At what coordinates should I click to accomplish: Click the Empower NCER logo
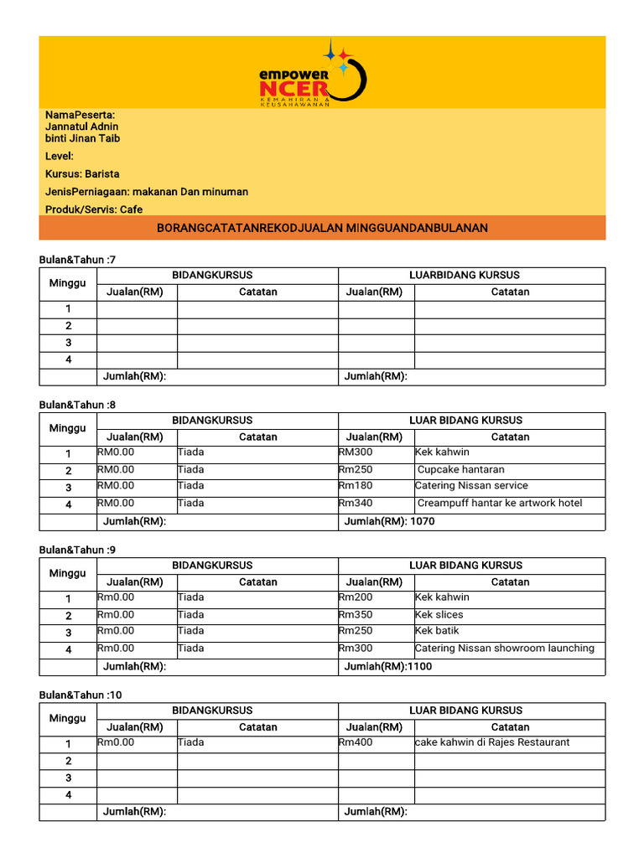point(312,73)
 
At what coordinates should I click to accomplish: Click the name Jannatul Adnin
point(81,127)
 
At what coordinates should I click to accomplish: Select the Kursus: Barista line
point(82,174)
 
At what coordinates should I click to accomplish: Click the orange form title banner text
point(322,228)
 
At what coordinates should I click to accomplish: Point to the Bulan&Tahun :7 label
point(77,260)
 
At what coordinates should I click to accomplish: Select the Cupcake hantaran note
point(460,469)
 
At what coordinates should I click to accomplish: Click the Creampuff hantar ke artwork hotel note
point(499,504)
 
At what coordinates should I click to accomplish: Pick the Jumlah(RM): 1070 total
point(390,521)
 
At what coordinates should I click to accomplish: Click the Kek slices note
point(439,614)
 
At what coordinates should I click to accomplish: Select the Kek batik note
point(437,631)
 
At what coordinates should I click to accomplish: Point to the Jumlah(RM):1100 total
point(388,666)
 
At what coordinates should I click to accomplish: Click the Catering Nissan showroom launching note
point(505,649)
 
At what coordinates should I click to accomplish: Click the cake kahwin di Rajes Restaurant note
point(492,742)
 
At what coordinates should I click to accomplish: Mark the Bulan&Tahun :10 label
point(80,695)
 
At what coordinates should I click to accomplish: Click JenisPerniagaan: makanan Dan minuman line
point(147,192)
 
